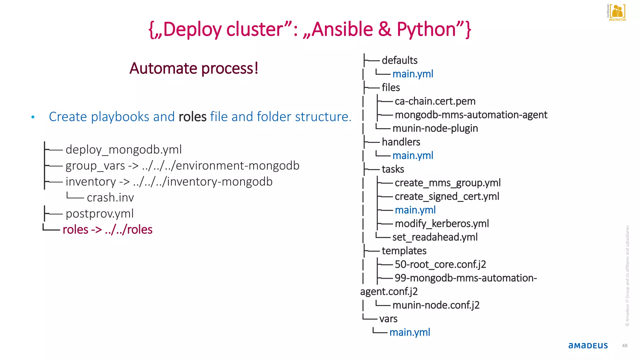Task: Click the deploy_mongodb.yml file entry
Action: [x=123, y=150]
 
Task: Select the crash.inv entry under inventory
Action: [x=110, y=198]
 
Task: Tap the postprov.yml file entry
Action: [x=99, y=214]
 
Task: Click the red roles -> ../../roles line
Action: [x=107, y=230]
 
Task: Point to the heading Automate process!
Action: [x=194, y=68]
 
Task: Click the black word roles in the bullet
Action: [x=192, y=117]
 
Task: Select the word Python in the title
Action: [x=426, y=29]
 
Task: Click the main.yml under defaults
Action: [x=412, y=74]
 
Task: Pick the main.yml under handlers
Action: [x=412, y=156]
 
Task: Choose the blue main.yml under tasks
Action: [x=415, y=210]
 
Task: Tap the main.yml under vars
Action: [x=410, y=332]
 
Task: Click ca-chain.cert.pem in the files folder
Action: [x=435, y=101]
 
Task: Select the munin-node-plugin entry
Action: [x=435, y=128]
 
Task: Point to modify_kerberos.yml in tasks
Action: [x=442, y=224]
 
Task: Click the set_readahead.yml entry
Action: [x=435, y=237]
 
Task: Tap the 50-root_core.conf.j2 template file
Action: [x=440, y=264]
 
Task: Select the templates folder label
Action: [x=404, y=251]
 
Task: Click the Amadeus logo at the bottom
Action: [x=588, y=346]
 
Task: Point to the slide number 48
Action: [x=624, y=346]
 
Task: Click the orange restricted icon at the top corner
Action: [x=617, y=12]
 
